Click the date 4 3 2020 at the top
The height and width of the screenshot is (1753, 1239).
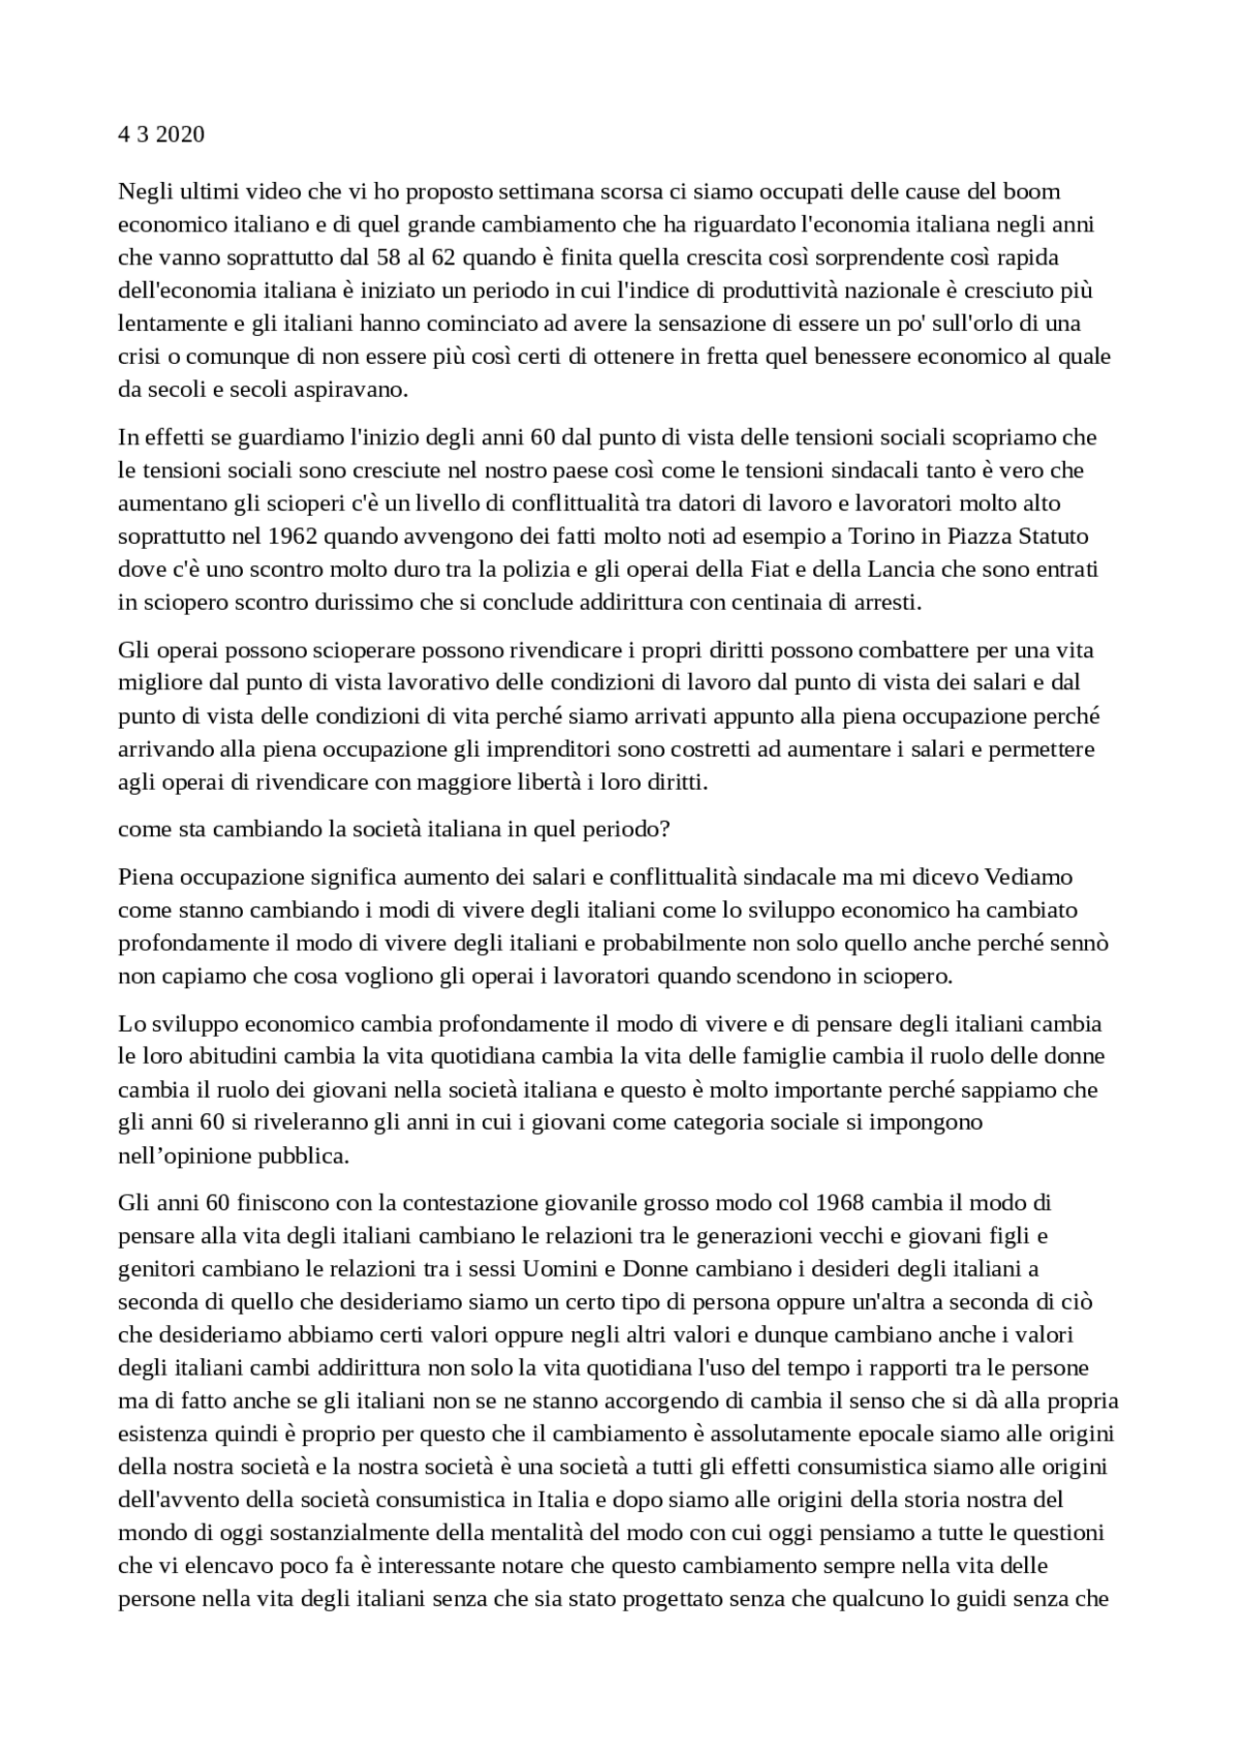point(161,135)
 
